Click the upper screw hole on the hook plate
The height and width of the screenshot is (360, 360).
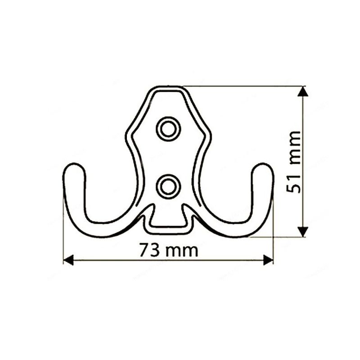[x=168, y=129]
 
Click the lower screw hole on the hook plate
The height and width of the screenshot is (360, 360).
[x=168, y=187]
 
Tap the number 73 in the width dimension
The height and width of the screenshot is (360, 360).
[x=149, y=250]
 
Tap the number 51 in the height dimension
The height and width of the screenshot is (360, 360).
[x=293, y=184]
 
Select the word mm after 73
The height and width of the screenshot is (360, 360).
[x=182, y=251]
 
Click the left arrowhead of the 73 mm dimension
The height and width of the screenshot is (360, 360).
[x=68, y=260]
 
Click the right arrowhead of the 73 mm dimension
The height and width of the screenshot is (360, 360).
[x=268, y=260]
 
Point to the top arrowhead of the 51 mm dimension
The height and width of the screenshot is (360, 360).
[x=303, y=91]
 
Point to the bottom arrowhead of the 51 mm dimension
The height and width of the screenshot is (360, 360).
[x=303, y=231]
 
